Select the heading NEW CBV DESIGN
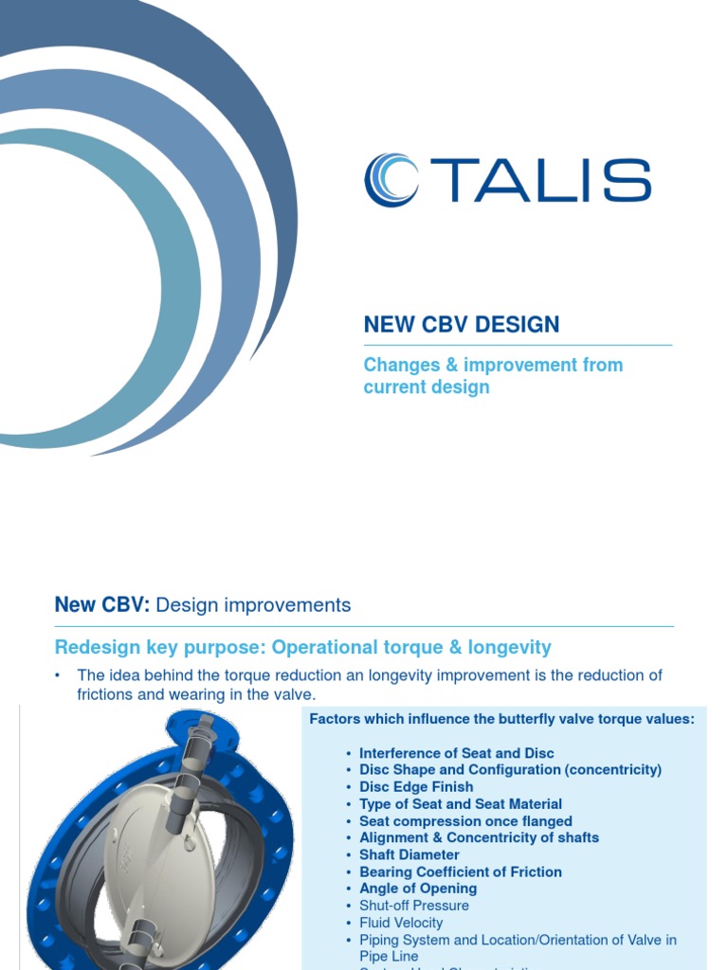pos(462,325)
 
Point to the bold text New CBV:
pos(102,604)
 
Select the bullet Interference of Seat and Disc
pos(457,753)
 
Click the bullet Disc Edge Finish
pos(416,787)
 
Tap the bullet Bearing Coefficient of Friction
pos(461,871)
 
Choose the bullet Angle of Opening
pos(418,889)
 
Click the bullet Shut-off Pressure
pos(414,906)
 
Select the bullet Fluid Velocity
pos(401,923)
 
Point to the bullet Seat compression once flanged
pos(465,821)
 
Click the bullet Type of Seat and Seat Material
pos(461,804)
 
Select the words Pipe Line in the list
pos(389,957)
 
